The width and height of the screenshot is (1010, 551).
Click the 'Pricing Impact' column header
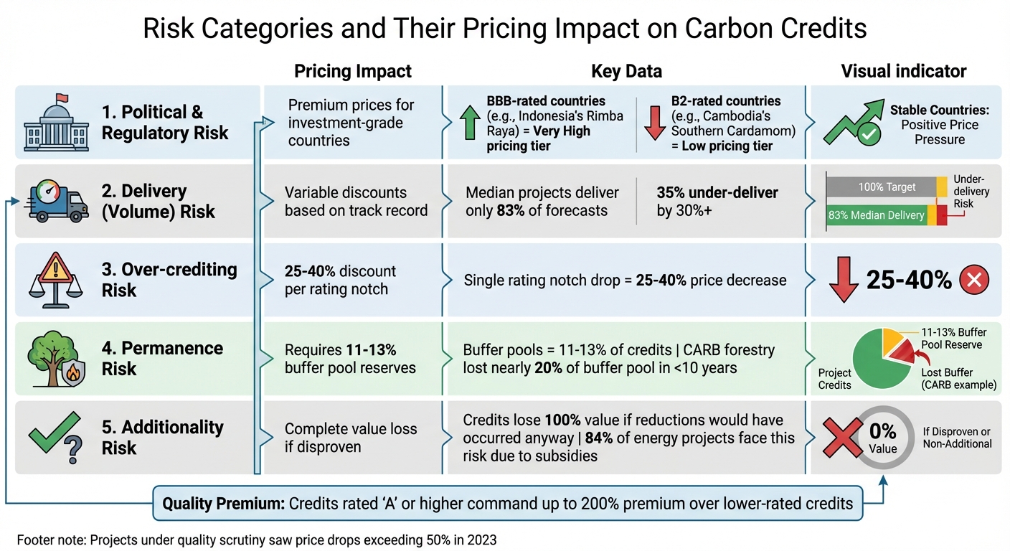tap(353, 71)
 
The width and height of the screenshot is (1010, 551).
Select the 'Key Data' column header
tap(626, 71)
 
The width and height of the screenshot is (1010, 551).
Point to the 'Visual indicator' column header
tap(903, 71)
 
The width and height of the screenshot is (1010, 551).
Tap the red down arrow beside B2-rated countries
tap(655, 122)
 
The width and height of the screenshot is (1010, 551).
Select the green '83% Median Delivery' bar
tap(876, 215)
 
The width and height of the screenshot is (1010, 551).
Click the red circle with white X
tap(973, 281)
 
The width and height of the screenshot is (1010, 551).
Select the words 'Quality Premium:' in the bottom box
tap(223, 503)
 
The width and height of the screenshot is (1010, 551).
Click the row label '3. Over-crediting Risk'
tap(169, 280)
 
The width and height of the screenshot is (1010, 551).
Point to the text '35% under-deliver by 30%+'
tap(717, 202)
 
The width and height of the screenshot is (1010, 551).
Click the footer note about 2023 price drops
tap(256, 540)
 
